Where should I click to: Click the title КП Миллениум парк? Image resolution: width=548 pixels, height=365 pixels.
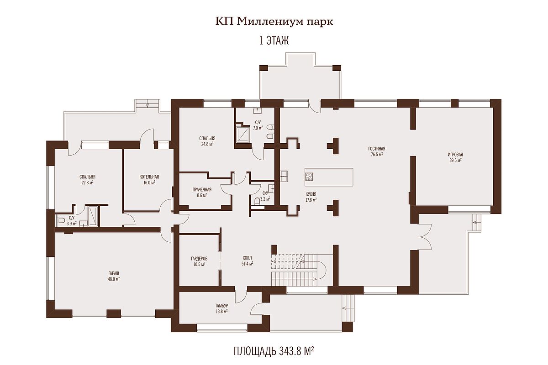pyautogui.click(x=274, y=22)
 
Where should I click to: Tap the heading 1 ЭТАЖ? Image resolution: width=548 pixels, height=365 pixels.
pyautogui.click(x=274, y=41)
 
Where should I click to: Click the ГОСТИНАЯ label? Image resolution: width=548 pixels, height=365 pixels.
pyautogui.click(x=376, y=149)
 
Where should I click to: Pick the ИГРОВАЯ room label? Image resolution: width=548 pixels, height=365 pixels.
pyautogui.click(x=455, y=155)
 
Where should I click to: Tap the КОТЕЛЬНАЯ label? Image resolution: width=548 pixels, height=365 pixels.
pyautogui.click(x=149, y=177)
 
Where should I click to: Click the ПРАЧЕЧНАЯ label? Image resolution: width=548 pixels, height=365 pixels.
pyautogui.click(x=202, y=189)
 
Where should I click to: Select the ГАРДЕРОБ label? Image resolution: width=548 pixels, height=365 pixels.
pyautogui.click(x=199, y=258)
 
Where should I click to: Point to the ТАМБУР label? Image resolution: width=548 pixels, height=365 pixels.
pyautogui.click(x=221, y=306)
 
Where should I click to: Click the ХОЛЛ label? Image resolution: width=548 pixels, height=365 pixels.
pyautogui.click(x=247, y=258)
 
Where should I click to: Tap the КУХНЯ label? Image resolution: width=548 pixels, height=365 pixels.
pyautogui.click(x=311, y=194)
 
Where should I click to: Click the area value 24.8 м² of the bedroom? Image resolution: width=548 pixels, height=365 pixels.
pyautogui.click(x=207, y=144)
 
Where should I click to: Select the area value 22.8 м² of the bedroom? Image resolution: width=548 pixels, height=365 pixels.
pyautogui.click(x=87, y=182)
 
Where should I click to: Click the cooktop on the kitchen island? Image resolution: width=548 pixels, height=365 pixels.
pyautogui.click(x=309, y=176)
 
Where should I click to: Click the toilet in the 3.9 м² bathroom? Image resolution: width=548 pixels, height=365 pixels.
pyautogui.click(x=60, y=220)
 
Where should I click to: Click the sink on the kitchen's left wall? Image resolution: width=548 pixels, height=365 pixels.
pyautogui.click(x=284, y=176)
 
